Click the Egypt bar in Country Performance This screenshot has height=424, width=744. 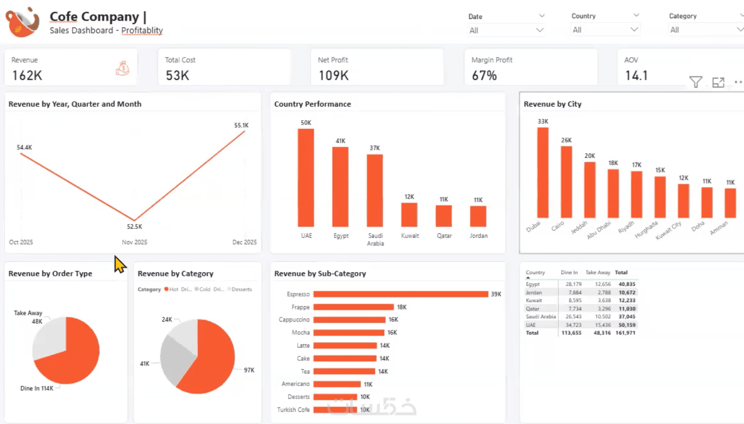340,187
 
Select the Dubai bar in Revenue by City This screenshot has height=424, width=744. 543,173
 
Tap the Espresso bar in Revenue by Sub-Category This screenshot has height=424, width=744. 400,294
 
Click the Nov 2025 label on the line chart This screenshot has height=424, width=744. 134,242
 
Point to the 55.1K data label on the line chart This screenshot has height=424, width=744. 241,125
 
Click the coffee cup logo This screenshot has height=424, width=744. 22,22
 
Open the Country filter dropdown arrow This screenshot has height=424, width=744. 634,30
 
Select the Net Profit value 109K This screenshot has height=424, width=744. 333,76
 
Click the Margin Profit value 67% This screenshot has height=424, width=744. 484,76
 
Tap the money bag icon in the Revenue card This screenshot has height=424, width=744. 123,68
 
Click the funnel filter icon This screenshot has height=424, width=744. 695,82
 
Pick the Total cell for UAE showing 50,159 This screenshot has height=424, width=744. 627,325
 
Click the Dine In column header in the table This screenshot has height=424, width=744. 569,272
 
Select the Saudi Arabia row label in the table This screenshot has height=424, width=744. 540,316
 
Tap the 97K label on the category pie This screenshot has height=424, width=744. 249,370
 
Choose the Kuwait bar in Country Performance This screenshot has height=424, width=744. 409,215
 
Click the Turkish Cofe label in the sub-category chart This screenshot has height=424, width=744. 293,410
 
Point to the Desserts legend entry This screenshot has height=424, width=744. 241,289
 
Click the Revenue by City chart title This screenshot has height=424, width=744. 552,104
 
